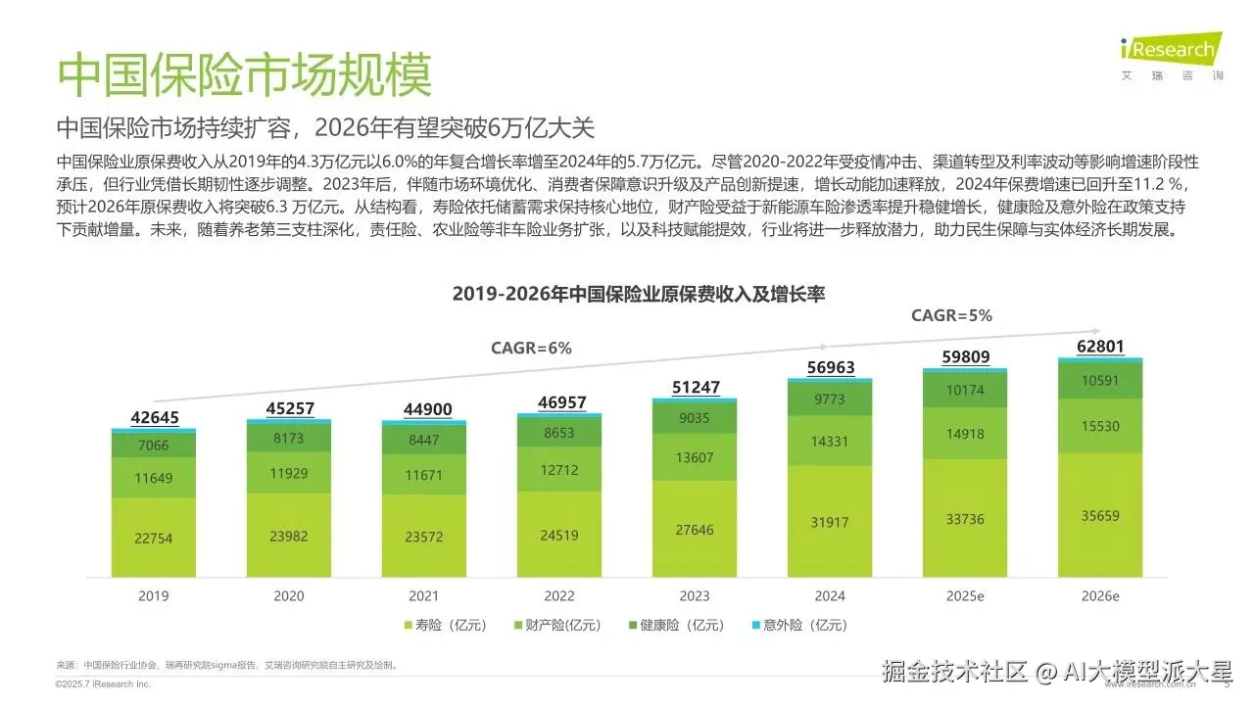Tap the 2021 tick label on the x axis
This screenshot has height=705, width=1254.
pos(425,595)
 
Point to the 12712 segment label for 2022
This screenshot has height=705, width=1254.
pos(560,470)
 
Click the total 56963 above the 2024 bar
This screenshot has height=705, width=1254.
pos(831,368)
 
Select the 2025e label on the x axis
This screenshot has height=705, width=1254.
pos(966,595)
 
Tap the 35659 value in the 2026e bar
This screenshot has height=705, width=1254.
pos(1101,515)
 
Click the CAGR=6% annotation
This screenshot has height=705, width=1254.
pos(531,348)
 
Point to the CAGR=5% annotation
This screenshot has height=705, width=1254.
pos(951,315)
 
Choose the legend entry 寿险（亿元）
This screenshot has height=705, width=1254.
pos(437,625)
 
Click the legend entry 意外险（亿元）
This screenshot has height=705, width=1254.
pos(798,625)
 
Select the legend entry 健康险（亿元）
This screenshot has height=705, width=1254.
pos(678,625)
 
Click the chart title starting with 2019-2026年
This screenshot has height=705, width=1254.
pos(638,293)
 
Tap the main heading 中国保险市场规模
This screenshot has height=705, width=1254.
pos(244,74)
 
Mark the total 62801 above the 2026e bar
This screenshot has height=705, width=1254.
pos(1101,346)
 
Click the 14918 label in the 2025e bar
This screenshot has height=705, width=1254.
pos(966,434)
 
